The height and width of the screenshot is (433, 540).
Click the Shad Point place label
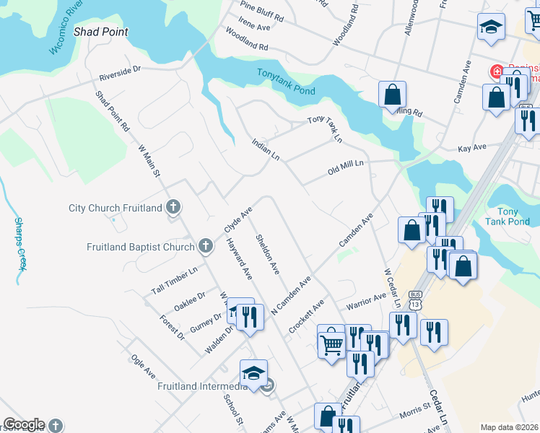[x=101, y=32]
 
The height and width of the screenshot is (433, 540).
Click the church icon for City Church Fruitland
[x=173, y=208]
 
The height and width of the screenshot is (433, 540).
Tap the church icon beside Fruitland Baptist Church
[x=206, y=247]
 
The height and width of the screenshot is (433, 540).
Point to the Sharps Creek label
[x=21, y=244]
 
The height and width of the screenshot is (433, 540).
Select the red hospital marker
[x=497, y=71]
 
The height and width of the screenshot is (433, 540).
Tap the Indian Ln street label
[x=265, y=150]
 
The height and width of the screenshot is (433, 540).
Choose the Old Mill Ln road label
[x=346, y=168]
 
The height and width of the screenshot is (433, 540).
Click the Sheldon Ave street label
[x=267, y=254]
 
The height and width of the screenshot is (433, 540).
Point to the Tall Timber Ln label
[x=174, y=280]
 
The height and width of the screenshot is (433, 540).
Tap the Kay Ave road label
[x=473, y=148]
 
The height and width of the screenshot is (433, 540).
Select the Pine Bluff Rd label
[x=262, y=12]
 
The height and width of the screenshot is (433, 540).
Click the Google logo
[x=24, y=424]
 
